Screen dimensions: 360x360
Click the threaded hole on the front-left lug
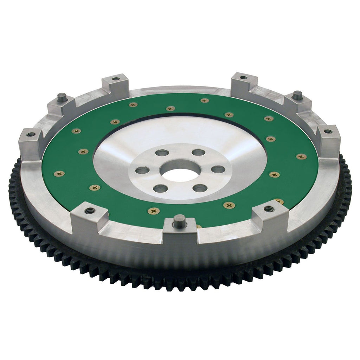click(90, 211)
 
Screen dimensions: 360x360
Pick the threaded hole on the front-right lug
click(269, 209)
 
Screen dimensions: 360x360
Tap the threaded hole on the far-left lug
click(31, 134)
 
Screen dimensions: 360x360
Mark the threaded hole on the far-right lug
click(328, 131)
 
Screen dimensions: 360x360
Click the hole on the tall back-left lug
click(116, 78)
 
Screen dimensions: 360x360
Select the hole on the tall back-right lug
click(243, 77)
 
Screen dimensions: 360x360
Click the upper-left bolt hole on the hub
click(162, 153)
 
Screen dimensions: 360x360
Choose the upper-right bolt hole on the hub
click(199, 152)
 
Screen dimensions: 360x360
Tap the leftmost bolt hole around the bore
click(142, 170)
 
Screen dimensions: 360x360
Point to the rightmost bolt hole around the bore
click(218, 169)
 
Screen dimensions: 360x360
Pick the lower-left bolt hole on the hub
click(160, 188)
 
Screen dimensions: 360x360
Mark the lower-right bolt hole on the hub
click(199, 187)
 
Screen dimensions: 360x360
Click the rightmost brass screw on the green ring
click(301, 156)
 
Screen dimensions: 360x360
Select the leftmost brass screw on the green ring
click(59, 173)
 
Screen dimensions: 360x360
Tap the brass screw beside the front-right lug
click(279, 201)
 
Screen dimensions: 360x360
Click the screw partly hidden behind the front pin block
click(199, 226)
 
